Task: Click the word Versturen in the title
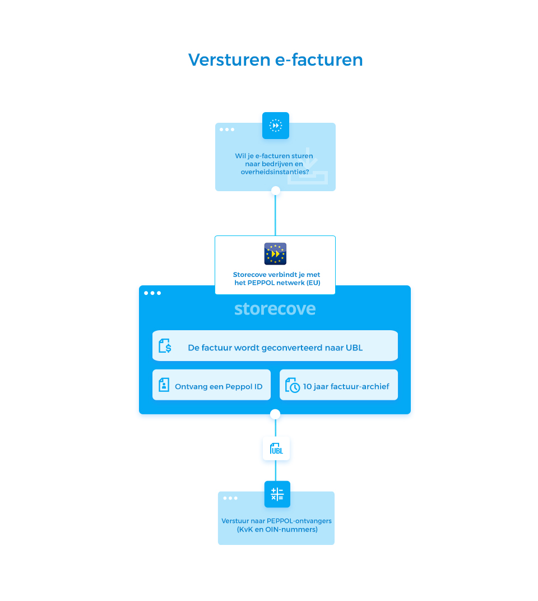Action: [230, 59]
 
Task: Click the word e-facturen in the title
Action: [319, 59]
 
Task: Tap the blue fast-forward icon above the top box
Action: [276, 126]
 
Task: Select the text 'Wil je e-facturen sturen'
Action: [274, 156]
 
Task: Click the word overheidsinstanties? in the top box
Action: [275, 172]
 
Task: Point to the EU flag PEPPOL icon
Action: [275, 254]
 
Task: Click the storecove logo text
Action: [275, 309]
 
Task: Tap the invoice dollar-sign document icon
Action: [165, 345]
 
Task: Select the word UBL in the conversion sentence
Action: [353, 348]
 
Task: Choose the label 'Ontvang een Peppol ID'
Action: [219, 386]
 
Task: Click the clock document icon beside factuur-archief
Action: [292, 385]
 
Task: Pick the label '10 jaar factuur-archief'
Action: [346, 386]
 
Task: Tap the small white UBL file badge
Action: [276, 449]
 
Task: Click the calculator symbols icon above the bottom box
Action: [277, 494]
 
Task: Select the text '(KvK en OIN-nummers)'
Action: [276, 529]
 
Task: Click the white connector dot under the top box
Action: [275, 191]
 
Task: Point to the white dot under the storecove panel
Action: [275, 414]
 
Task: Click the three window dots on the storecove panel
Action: [152, 293]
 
